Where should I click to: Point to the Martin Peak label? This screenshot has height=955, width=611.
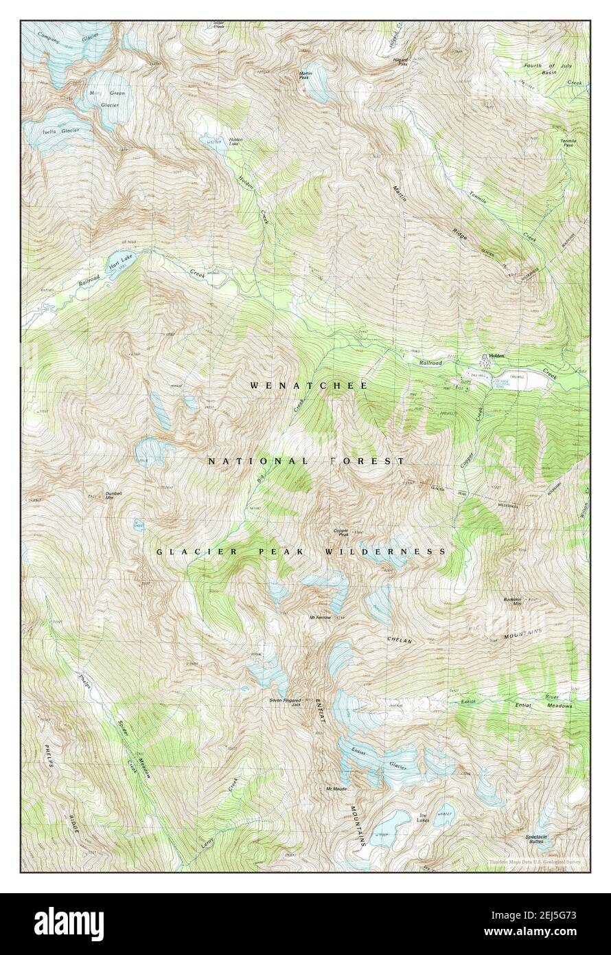(x=306, y=76)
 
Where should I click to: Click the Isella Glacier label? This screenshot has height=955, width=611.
(x=61, y=130)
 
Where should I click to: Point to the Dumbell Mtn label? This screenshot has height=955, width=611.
(x=114, y=495)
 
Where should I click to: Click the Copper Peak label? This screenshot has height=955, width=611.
(x=341, y=532)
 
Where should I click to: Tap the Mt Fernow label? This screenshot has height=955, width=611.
(x=321, y=617)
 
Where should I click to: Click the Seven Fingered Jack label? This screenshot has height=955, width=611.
(x=286, y=702)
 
